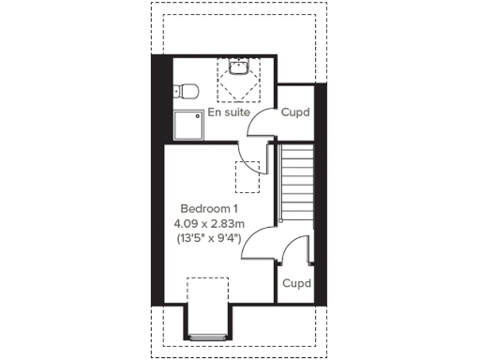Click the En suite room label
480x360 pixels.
[x=228, y=112]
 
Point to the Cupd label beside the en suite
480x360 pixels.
[x=296, y=112]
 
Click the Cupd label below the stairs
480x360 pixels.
[x=296, y=282]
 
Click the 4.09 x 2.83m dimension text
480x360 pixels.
[x=209, y=223]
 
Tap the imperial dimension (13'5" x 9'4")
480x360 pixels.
[x=209, y=238]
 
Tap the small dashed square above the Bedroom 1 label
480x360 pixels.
[x=247, y=174]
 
